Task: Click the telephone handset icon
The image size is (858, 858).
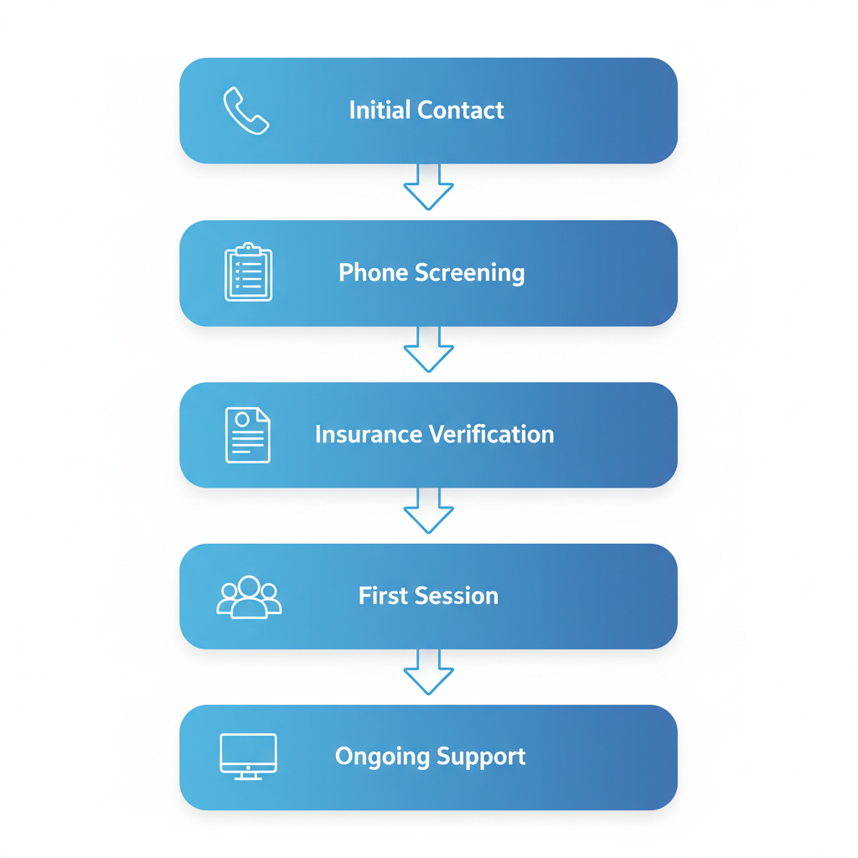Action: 246,111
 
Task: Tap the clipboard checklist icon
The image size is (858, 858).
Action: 248,272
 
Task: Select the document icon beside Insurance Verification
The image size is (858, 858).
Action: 248,435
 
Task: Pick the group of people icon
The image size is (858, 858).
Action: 249,597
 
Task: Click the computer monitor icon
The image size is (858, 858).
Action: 248,756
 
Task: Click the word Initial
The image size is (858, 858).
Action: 380,110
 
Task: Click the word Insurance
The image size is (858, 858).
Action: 370,434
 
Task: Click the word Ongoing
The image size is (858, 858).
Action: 376,757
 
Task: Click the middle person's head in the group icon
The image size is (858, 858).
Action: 249,586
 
